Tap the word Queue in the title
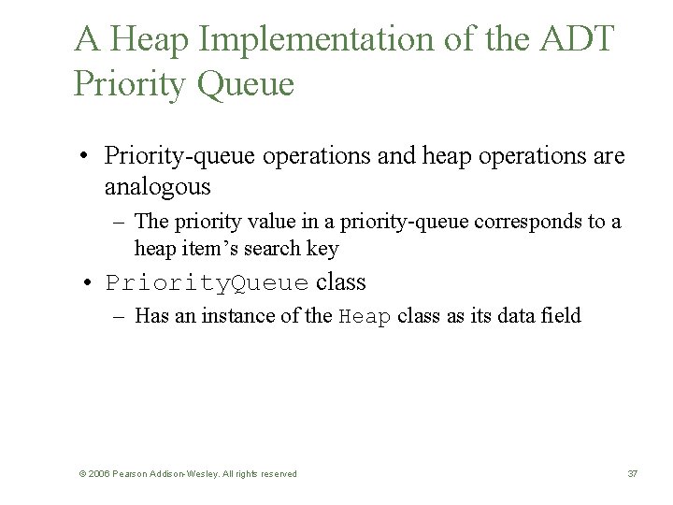coord(246,84)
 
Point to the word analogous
coord(157,187)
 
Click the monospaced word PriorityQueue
coord(208,282)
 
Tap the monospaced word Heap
coord(365,317)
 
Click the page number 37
coord(632,474)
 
